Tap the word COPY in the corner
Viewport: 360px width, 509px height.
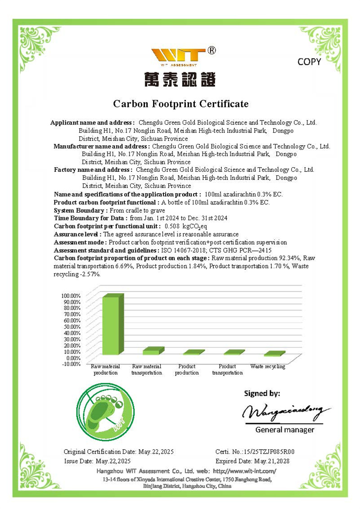309,62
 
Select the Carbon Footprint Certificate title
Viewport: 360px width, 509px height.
180,104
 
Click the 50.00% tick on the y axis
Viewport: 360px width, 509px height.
71,326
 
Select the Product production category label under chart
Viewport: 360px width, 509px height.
187,370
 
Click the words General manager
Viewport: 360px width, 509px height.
285,430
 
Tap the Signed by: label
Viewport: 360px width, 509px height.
262,393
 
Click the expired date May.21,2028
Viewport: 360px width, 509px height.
272,461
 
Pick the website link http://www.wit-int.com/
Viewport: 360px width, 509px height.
244,471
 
